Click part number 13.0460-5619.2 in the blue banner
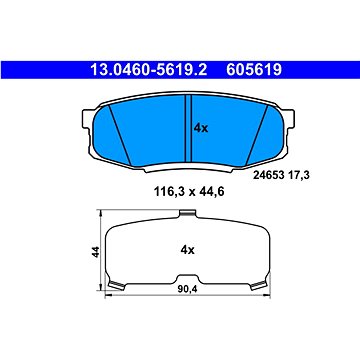[x=149, y=70]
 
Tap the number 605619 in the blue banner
[x=254, y=70]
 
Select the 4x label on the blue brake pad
[x=201, y=128]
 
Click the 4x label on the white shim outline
[x=187, y=250]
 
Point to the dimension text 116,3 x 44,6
[x=189, y=192]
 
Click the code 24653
[x=268, y=175]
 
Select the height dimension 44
[x=96, y=252]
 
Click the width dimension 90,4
[x=188, y=289]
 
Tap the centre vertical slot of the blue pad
[x=188, y=129]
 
